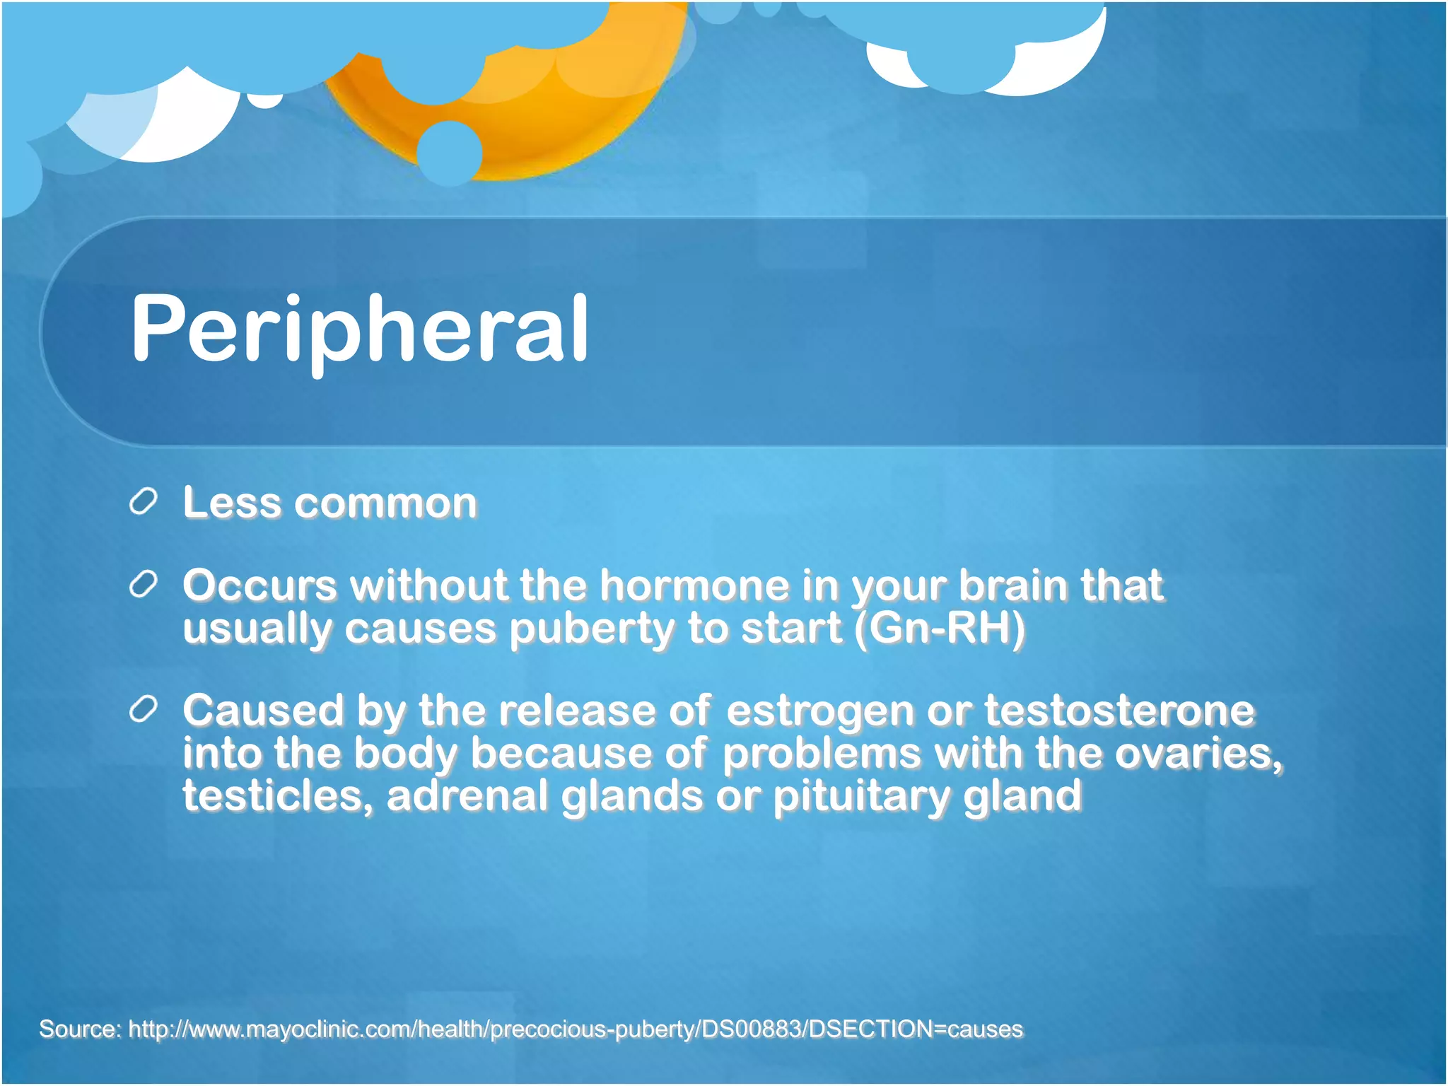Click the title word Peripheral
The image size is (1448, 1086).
click(359, 329)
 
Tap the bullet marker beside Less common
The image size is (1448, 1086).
click(143, 503)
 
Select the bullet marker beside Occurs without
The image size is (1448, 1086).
click(143, 585)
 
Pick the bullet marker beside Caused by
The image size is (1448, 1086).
click(143, 710)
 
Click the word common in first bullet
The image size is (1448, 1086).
click(385, 503)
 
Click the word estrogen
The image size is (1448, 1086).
click(820, 711)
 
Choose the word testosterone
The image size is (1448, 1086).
click(1119, 711)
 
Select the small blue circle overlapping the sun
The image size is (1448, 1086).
click(449, 153)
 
